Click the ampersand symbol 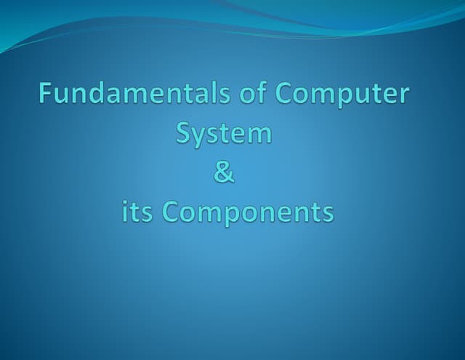pyautogui.click(x=225, y=174)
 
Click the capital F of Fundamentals pyautogui.click(x=47, y=95)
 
